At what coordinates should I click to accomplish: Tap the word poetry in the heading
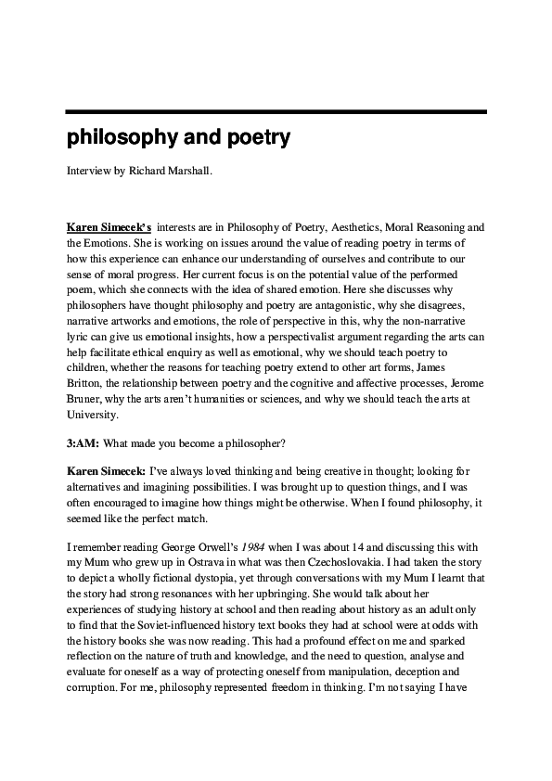(x=251, y=139)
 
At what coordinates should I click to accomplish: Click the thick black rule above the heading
(x=276, y=112)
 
